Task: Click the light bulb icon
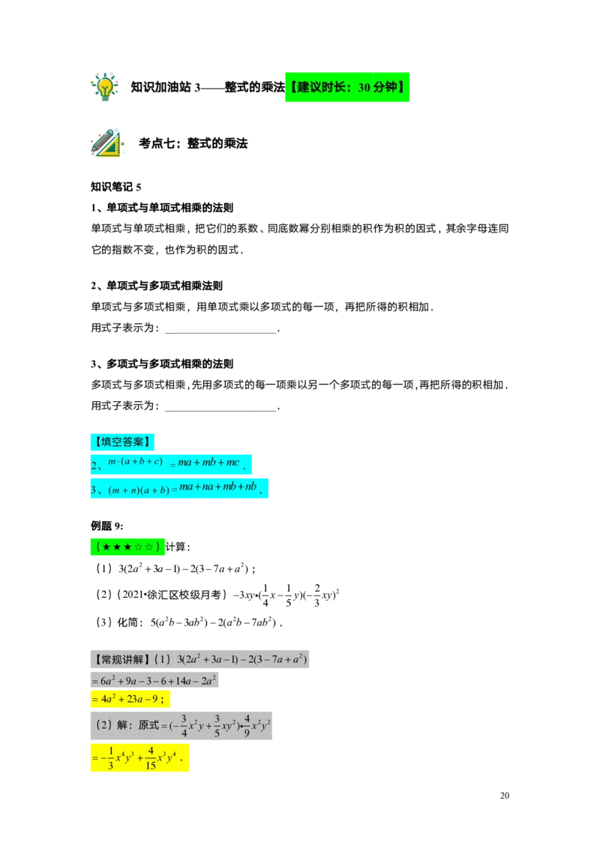tap(104, 87)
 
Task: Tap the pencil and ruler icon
tap(107, 143)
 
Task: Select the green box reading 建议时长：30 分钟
tap(347, 87)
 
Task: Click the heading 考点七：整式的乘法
tap(193, 143)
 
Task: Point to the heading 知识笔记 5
tap(116, 187)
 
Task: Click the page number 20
tap(505, 796)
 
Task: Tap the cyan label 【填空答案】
tap(122, 442)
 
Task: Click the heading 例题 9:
tap(107, 526)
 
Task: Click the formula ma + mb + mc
tap(208, 463)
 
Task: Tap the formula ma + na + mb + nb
tap(217, 486)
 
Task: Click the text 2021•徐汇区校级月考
tap(172, 595)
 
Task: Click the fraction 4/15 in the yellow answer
tap(151, 757)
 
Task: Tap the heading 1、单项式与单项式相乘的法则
tap(162, 208)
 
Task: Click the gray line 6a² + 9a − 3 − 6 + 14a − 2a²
tap(154, 680)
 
